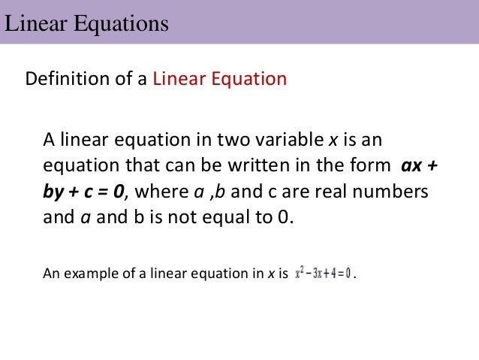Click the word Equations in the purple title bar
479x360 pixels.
coord(122,24)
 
